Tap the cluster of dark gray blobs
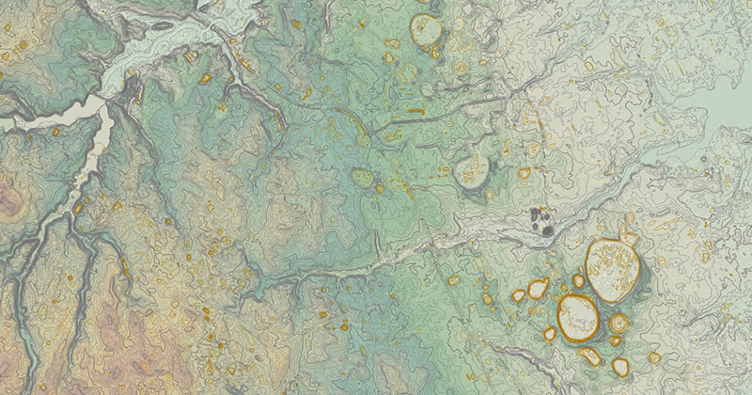(x=541, y=221)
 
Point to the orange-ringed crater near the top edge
(x=426, y=31)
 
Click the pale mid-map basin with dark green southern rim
(x=470, y=171)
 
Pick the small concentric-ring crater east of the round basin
(x=618, y=323)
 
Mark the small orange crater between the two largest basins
(x=579, y=280)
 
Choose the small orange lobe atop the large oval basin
(x=625, y=239)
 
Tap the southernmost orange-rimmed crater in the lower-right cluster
(x=620, y=366)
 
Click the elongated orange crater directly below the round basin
(x=589, y=355)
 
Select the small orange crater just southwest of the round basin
(x=550, y=333)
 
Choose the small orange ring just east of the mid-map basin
(x=524, y=173)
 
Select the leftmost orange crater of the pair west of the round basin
(x=518, y=295)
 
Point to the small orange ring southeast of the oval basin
(x=653, y=357)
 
